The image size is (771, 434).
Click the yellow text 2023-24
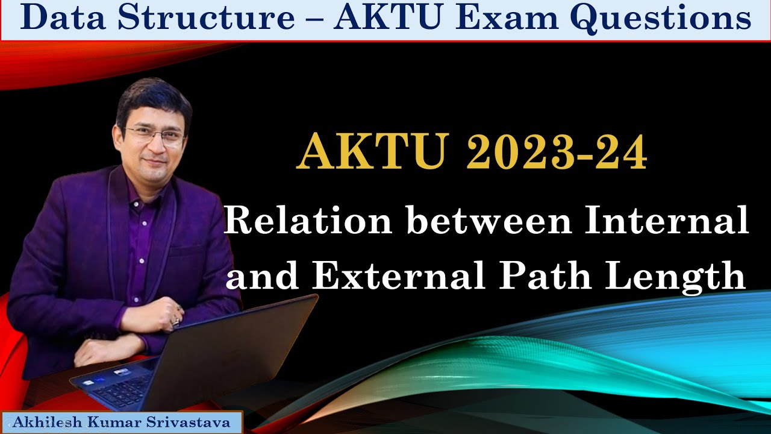pyautogui.click(x=557, y=154)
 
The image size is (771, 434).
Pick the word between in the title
pyautogui.click(x=485, y=221)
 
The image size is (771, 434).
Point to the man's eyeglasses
pyautogui.click(x=155, y=135)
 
